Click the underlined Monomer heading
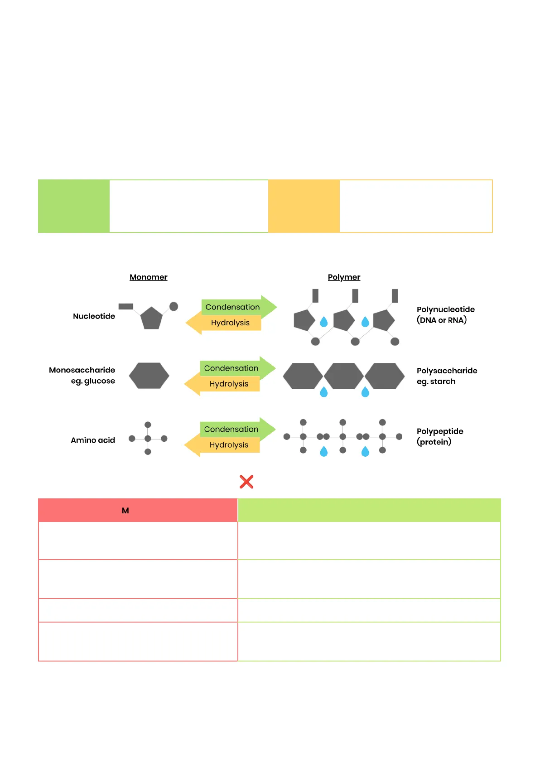(148, 277)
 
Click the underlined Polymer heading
(344, 277)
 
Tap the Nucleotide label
(94, 316)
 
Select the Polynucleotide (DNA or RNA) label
(446, 315)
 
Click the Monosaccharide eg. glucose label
(82, 375)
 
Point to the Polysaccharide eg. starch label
(447, 376)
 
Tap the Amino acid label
(93, 440)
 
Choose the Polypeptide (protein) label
(440, 437)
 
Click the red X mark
(246, 482)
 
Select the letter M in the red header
(125, 511)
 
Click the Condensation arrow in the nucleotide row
(238, 307)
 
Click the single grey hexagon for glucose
(149, 376)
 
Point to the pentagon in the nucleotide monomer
(151, 318)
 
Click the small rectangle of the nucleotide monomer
(125, 307)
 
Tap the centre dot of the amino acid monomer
(148, 439)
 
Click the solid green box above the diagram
(74, 206)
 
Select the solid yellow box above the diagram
(304, 206)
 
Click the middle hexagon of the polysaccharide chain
(343, 376)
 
